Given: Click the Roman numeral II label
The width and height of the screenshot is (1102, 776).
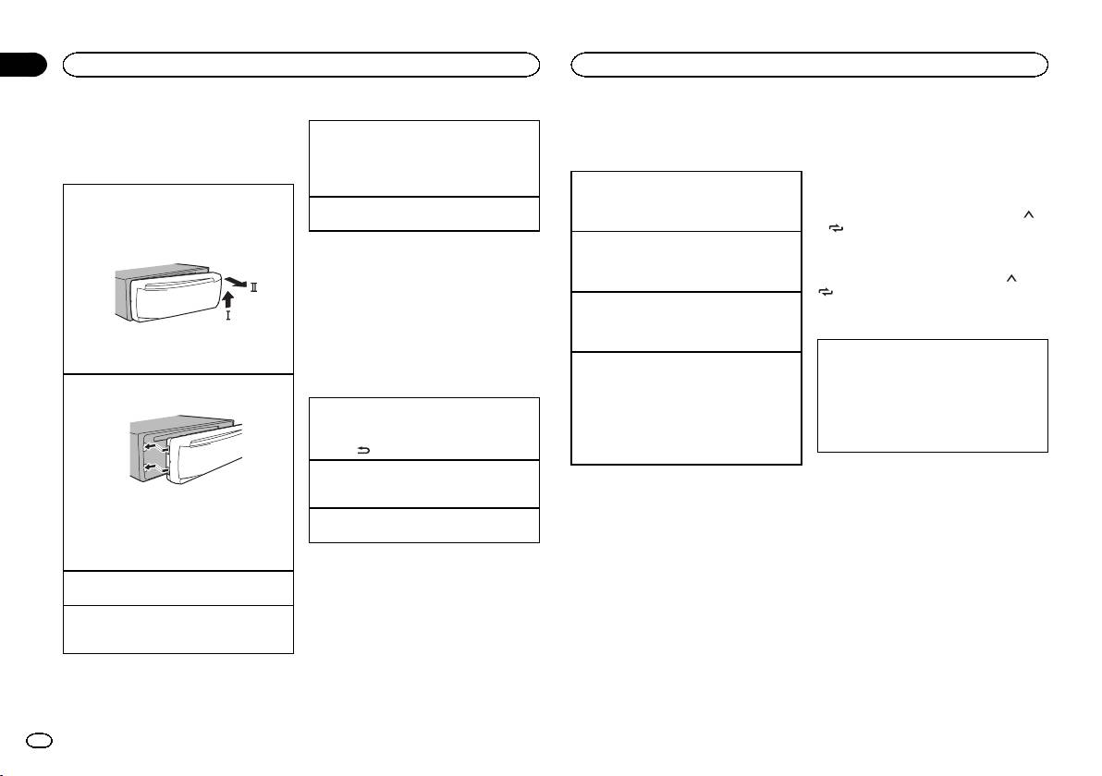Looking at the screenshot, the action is point(253,287).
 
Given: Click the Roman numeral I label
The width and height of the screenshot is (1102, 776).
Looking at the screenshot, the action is point(227,316).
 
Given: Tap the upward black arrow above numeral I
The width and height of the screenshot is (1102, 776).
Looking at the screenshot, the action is point(227,300).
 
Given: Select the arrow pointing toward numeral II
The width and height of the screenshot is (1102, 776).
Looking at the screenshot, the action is point(235,283).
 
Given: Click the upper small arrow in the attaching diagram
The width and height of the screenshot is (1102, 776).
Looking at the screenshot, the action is point(150,446).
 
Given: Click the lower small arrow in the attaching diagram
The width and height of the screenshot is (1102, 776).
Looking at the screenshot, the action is point(150,467).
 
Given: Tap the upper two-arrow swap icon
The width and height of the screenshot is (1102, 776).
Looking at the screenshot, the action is point(836,228).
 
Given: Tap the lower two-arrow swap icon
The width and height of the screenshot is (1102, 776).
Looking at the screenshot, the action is point(826,291).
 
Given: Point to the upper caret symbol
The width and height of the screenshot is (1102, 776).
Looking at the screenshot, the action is point(1029,216).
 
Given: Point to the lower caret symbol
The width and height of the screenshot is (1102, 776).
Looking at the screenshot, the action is point(1012,280).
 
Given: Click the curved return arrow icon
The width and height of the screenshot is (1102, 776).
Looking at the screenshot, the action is point(364,450).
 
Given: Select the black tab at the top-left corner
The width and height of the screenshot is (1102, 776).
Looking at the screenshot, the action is point(22,65).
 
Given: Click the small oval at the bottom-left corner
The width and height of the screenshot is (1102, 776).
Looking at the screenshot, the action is point(39,741).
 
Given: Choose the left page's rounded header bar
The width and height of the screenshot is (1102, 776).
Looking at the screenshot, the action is point(301,65).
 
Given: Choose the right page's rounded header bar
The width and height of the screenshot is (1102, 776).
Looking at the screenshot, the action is point(810,65).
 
